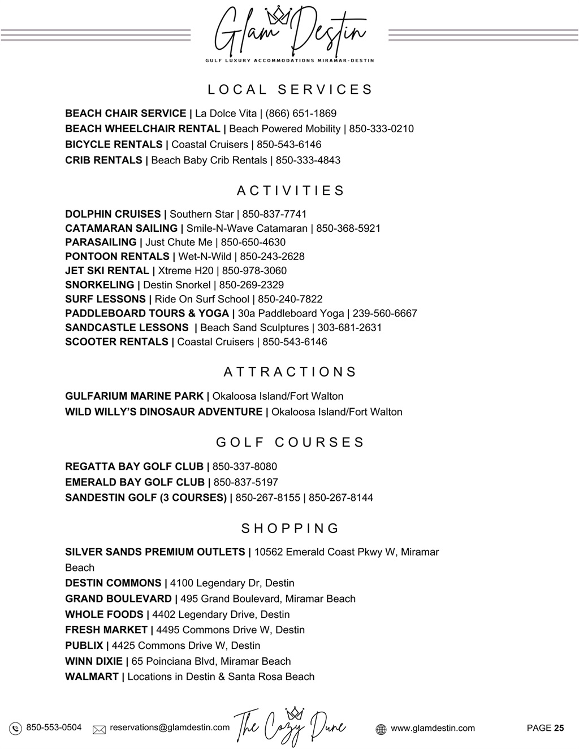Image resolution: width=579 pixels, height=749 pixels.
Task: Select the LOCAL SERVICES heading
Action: click(x=290, y=90)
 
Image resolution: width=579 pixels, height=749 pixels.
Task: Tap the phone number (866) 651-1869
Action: click(x=301, y=113)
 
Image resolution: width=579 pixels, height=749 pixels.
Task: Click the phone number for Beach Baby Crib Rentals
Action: click(x=308, y=160)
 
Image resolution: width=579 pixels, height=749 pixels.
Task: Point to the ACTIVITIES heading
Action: click(x=290, y=191)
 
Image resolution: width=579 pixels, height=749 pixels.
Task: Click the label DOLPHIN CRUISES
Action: click(x=113, y=214)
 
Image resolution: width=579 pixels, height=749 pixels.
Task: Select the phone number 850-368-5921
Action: click(x=348, y=228)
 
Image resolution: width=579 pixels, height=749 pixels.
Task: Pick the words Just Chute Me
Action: click(x=179, y=243)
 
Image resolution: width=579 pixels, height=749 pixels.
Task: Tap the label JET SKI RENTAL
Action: click(x=107, y=271)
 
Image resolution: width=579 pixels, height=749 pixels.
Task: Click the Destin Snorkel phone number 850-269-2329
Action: click(x=252, y=285)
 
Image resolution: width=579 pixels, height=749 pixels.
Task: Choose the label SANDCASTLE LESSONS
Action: click(x=127, y=327)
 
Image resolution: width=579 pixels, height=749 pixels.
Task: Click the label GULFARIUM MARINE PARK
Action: click(x=134, y=396)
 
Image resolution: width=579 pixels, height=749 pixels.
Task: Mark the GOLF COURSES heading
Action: click(x=290, y=442)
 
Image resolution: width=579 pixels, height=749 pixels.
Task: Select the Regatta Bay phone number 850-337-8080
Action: click(x=245, y=466)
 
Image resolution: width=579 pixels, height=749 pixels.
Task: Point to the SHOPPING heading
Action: click(x=290, y=529)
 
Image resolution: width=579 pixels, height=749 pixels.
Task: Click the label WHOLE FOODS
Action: click(x=104, y=614)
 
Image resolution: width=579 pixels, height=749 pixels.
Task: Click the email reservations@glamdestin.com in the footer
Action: click(x=170, y=728)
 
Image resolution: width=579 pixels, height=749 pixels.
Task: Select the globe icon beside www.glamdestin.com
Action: click(x=381, y=729)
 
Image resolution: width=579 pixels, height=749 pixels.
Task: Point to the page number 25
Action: click(x=559, y=728)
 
